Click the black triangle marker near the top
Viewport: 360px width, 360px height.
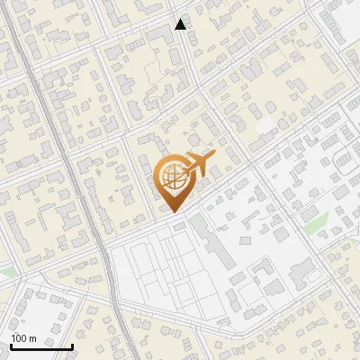coord(181,24)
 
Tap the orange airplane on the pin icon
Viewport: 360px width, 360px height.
coord(197,165)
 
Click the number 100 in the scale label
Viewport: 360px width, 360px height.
coord(19,338)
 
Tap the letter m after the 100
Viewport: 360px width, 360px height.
coord(32,338)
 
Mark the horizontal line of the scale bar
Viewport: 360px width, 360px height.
coord(41,346)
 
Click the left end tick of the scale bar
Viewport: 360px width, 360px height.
coord(12,345)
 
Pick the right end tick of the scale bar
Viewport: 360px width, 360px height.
coord(72,345)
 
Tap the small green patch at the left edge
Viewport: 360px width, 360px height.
coord(4,269)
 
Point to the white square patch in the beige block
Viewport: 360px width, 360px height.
coord(265,126)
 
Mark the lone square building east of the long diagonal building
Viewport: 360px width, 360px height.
coord(246,240)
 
